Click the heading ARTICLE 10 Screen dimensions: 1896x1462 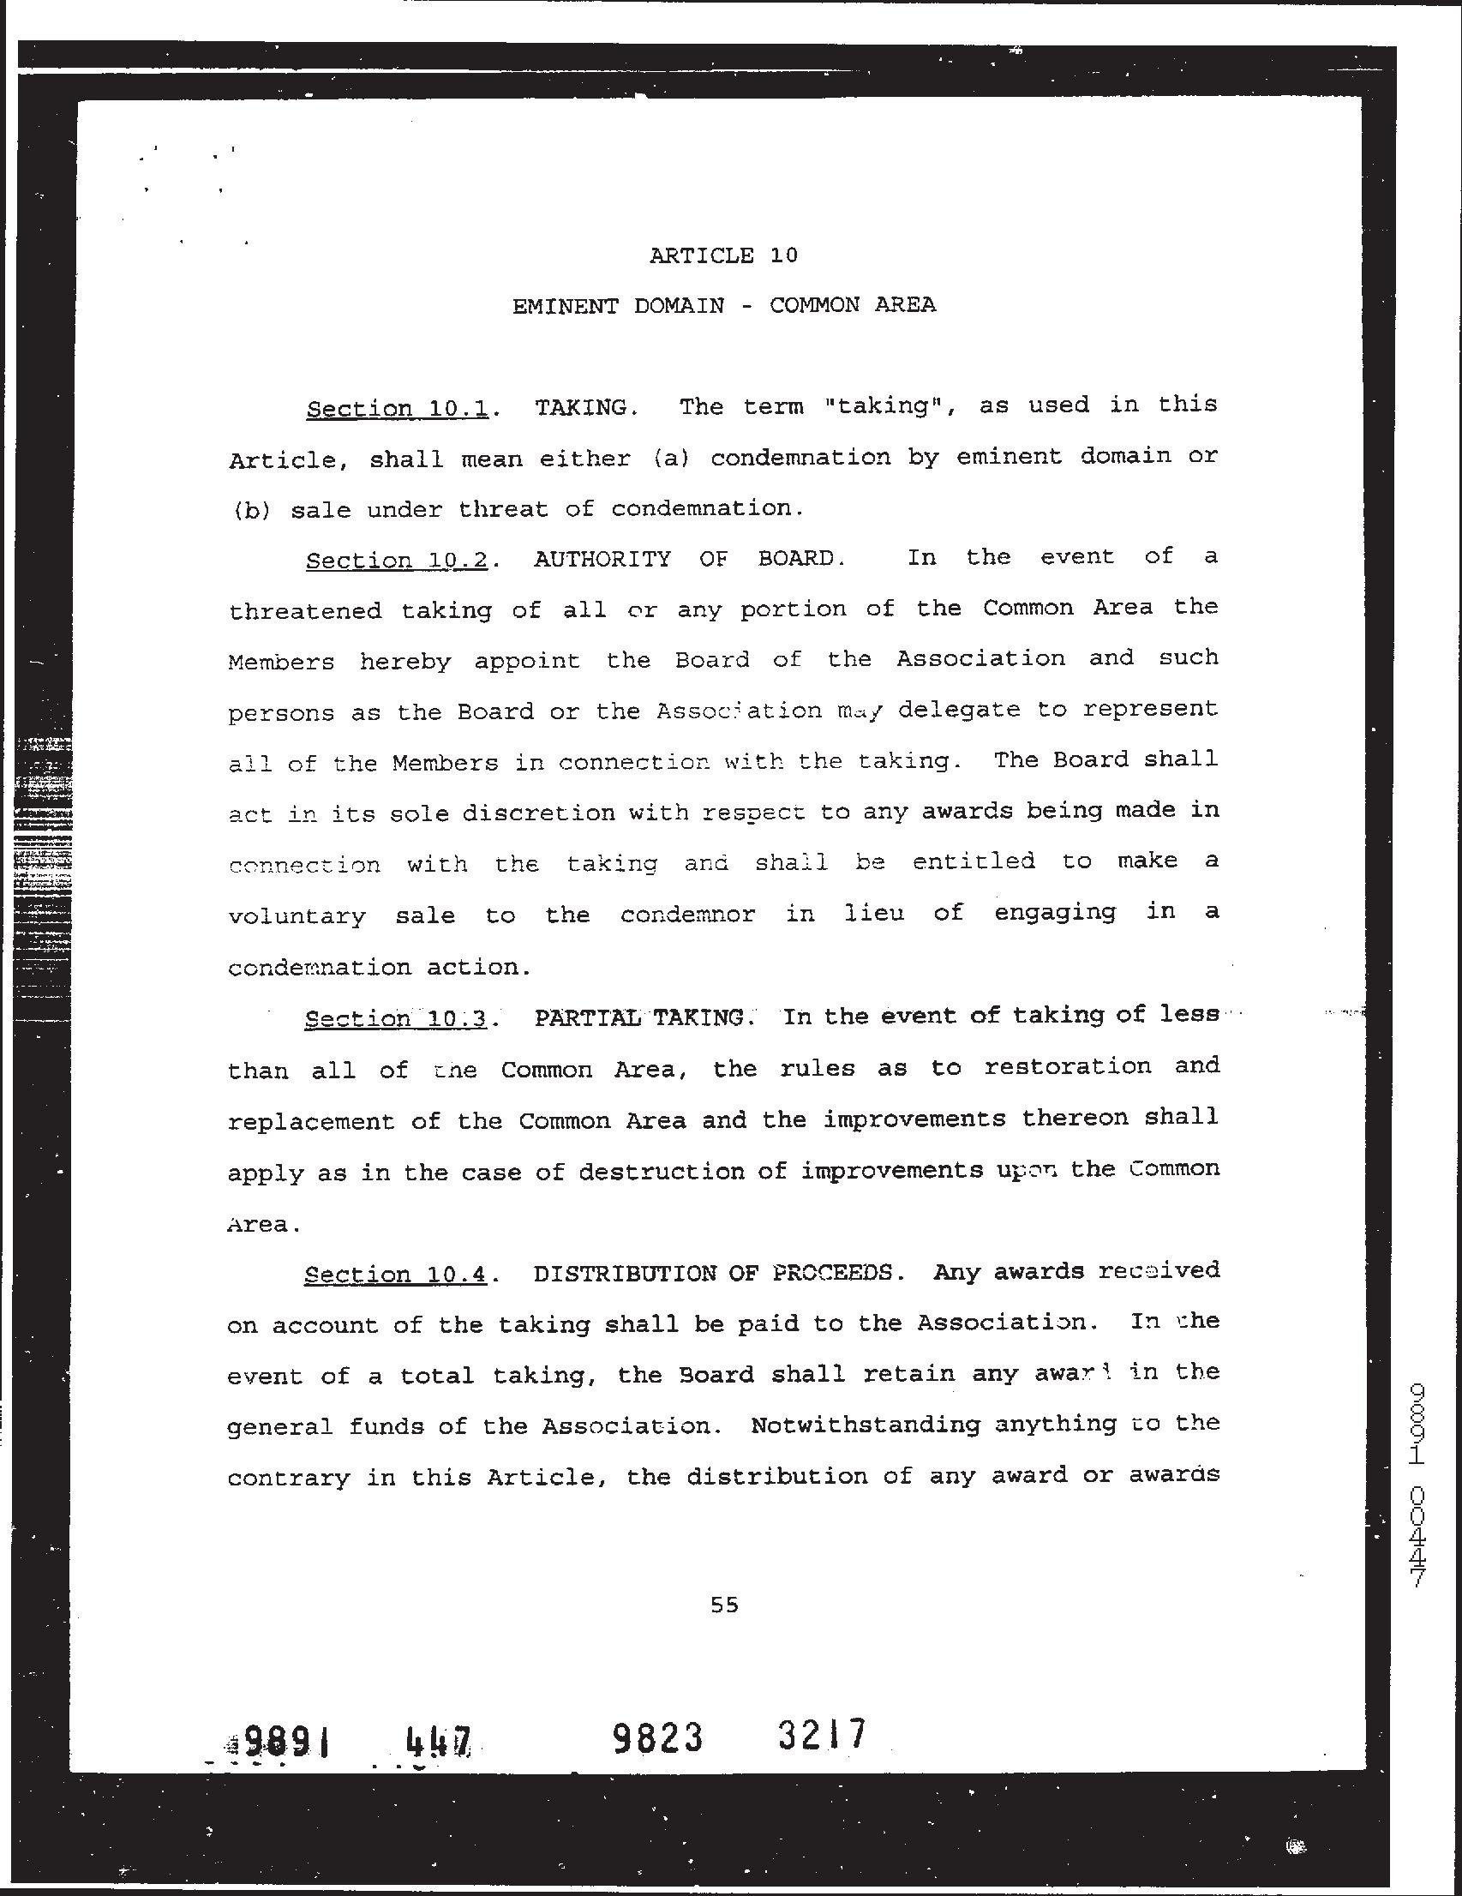point(723,255)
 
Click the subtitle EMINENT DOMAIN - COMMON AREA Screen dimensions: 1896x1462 point(723,306)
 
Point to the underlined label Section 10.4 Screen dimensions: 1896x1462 point(395,1275)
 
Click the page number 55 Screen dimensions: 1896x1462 point(724,1605)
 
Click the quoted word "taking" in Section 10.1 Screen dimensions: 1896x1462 point(884,406)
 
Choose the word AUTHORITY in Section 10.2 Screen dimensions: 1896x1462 point(602,559)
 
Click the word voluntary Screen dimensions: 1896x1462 point(297,917)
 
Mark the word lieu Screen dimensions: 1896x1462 point(875,913)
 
